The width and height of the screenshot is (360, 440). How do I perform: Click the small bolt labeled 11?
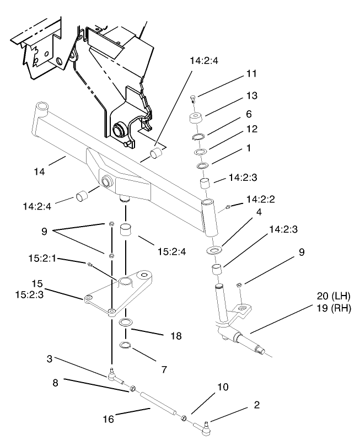click(x=193, y=99)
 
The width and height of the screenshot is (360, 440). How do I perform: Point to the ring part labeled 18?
click(x=126, y=322)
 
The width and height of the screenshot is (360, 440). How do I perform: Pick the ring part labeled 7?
click(x=125, y=345)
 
